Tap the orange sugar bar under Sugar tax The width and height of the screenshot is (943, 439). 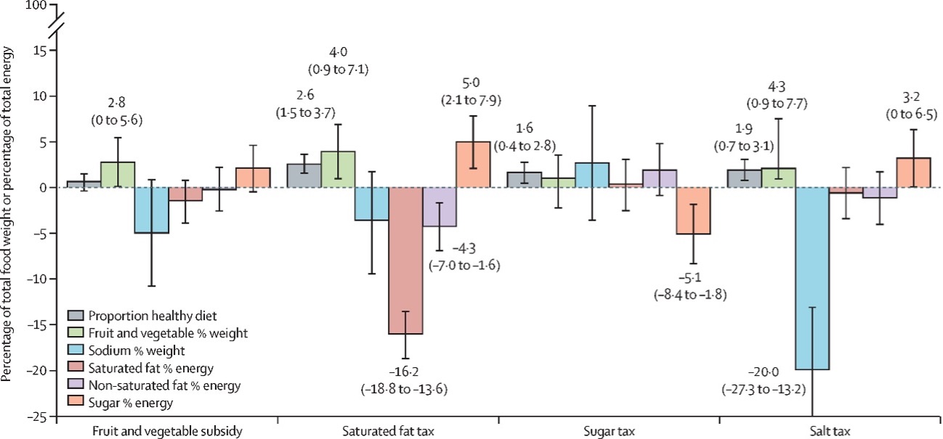pyautogui.click(x=693, y=210)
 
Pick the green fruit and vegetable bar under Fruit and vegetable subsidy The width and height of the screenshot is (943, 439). pyautogui.click(x=118, y=175)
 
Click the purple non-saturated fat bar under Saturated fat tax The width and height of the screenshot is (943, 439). pyautogui.click(x=440, y=207)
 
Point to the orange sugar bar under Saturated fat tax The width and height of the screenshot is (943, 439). pyautogui.click(x=473, y=165)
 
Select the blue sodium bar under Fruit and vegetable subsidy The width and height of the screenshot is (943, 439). pyautogui.click(x=151, y=210)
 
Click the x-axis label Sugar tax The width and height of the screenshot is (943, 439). pyautogui.click(x=609, y=431)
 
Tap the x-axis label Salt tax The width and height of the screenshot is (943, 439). pyautogui.click(x=830, y=431)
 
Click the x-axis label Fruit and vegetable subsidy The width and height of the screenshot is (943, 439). pyautogui.click(x=167, y=431)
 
